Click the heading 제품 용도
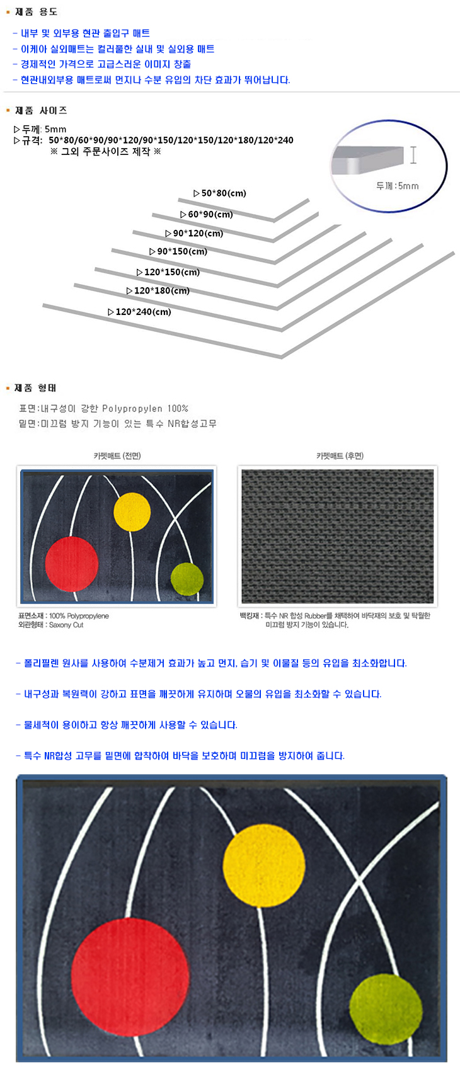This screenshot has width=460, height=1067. click(36, 12)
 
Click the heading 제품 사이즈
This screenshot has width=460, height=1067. click(41, 110)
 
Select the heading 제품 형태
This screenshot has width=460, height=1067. click(35, 388)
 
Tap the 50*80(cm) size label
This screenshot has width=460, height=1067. click(220, 193)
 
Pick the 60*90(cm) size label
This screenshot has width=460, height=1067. click(207, 214)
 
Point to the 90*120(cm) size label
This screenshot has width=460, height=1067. click(194, 234)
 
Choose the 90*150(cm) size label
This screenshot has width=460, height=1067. click(178, 251)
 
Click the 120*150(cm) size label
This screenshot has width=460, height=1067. click(168, 272)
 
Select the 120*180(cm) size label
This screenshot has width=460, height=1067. click(158, 290)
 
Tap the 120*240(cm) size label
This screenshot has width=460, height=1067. click(139, 312)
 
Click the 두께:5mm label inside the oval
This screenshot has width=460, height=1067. click(398, 186)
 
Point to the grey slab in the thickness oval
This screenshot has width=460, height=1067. click(367, 159)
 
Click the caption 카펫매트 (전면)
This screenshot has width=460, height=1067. click(117, 456)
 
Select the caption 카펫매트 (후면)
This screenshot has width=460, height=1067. click(340, 456)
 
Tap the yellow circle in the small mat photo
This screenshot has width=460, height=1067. click(132, 512)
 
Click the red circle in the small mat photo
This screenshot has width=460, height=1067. click(71, 564)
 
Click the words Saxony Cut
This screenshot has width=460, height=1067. click(66, 625)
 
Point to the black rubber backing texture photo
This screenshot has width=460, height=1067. click(338, 537)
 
